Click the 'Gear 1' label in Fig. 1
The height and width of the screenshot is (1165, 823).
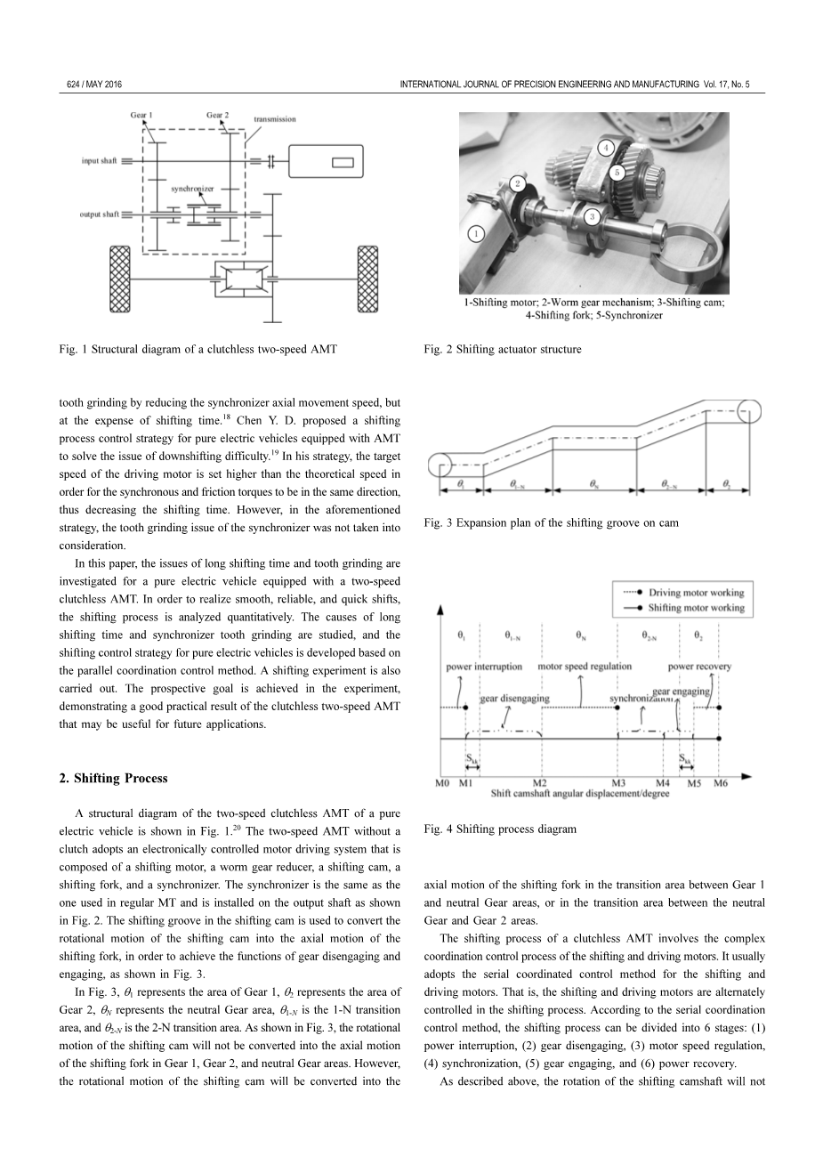141,115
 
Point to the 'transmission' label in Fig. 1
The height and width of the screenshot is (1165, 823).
274,119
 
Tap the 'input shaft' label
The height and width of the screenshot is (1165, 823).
99,161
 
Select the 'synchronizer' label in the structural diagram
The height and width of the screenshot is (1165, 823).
192,189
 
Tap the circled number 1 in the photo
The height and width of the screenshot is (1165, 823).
477,234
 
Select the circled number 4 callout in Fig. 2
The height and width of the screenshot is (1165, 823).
606,147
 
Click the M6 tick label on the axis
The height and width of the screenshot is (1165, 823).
721,783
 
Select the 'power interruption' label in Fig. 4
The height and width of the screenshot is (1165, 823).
484,667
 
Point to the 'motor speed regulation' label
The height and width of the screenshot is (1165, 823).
585,666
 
